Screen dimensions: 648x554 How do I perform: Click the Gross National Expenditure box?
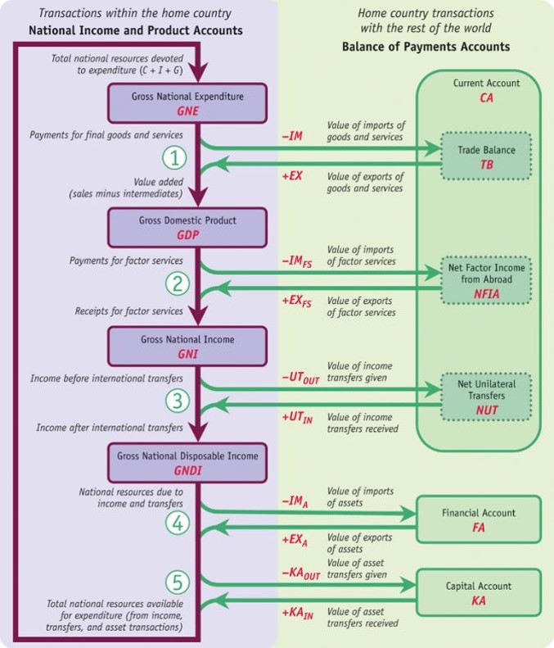(187, 103)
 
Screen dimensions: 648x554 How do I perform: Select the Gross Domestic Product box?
(187, 227)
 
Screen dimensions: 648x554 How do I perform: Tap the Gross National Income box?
(187, 347)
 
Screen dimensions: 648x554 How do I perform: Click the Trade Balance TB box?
(487, 156)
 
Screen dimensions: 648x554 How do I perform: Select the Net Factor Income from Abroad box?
(487, 280)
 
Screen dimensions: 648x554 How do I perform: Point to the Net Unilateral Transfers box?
(487, 396)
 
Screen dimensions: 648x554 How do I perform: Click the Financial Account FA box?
(479, 519)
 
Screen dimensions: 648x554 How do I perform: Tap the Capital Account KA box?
(479, 593)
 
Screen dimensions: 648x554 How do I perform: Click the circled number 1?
(178, 156)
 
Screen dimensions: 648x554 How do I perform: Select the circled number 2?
(178, 284)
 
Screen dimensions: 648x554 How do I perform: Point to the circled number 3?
(178, 401)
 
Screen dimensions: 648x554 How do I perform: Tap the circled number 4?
(178, 523)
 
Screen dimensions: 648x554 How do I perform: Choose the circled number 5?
(178, 582)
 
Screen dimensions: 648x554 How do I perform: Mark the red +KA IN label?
(296, 613)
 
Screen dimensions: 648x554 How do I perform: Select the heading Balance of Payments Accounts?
(426, 47)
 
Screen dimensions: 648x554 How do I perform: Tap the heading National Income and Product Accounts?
(135, 30)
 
